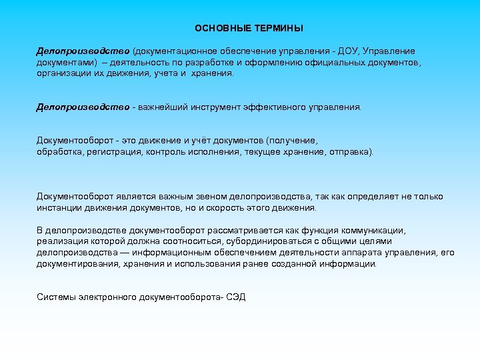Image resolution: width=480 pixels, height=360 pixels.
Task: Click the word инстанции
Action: point(59,208)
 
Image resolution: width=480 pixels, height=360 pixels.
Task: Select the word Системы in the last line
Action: point(55,297)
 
